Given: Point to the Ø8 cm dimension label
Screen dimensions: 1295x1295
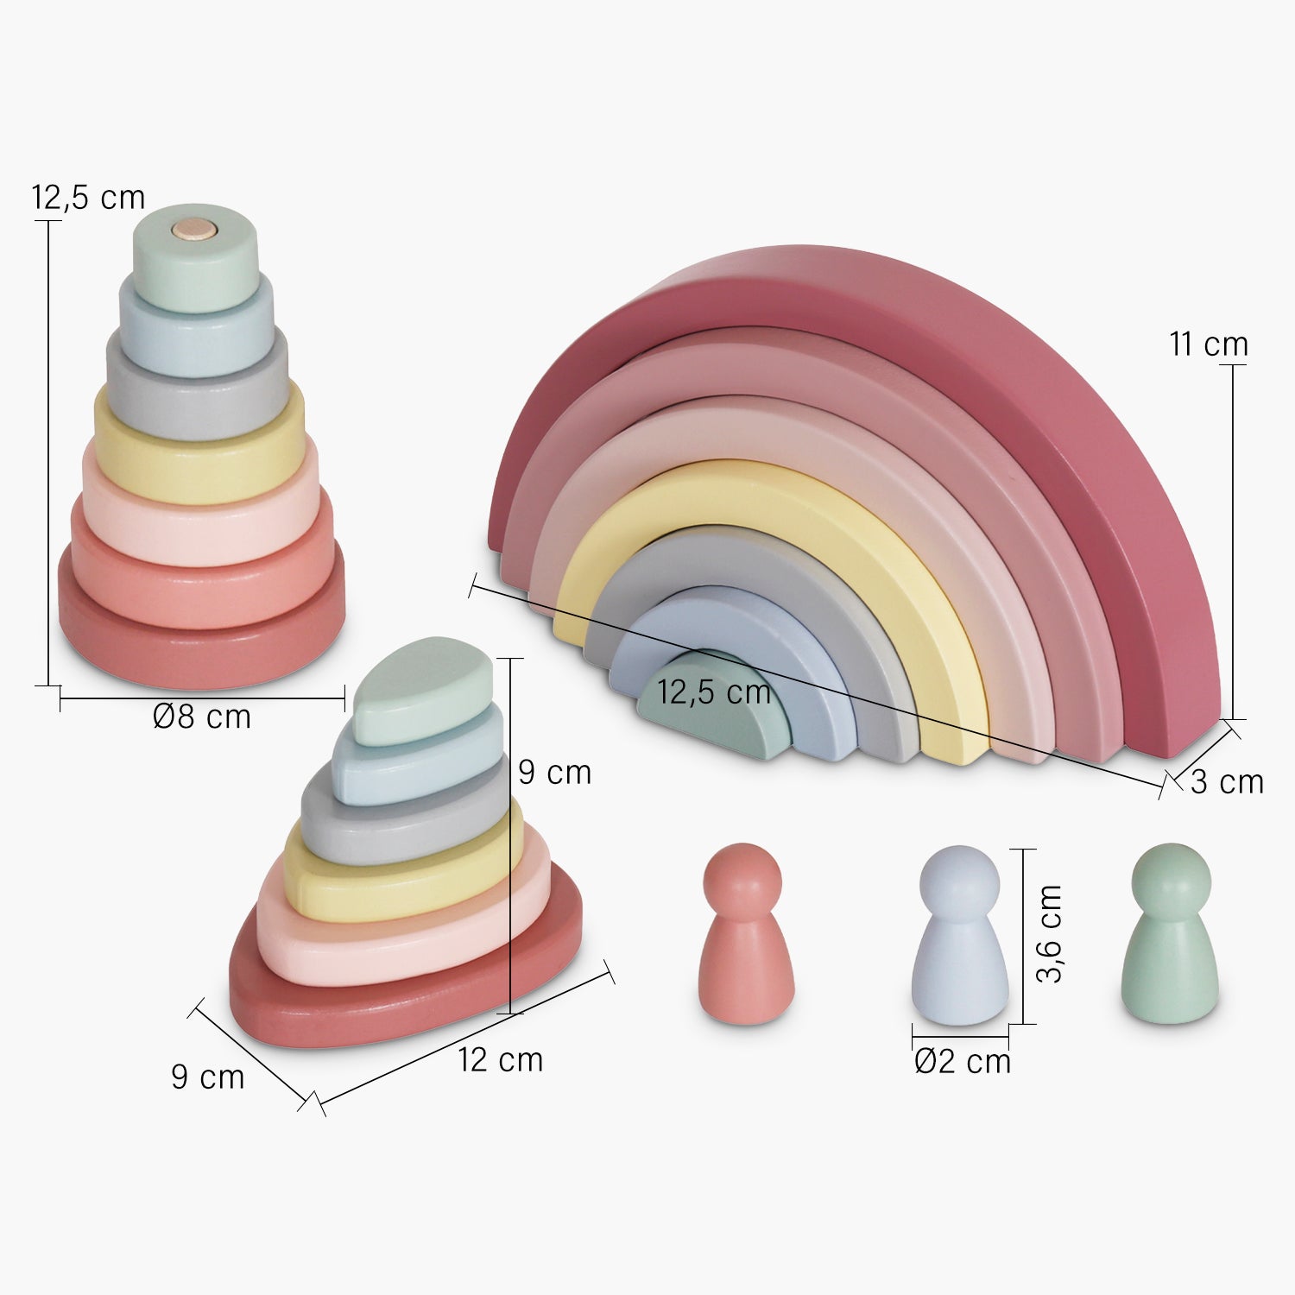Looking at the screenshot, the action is (202, 717).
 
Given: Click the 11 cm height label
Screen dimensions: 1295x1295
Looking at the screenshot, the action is (1209, 344).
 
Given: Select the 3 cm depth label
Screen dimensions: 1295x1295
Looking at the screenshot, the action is (1227, 781).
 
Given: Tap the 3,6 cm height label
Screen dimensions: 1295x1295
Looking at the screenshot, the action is (1049, 934).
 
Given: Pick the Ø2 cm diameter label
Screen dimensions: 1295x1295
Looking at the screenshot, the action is (963, 1061).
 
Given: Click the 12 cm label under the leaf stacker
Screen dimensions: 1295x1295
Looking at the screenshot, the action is (501, 1059).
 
